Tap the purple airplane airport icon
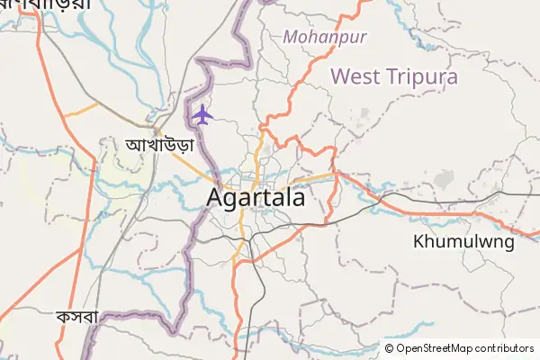point(202,115)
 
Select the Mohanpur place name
point(319,38)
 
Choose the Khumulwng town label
point(463,241)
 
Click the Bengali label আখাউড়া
point(159,144)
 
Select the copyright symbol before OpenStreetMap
point(390,348)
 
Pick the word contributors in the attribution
point(504,348)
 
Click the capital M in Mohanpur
point(290,38)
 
